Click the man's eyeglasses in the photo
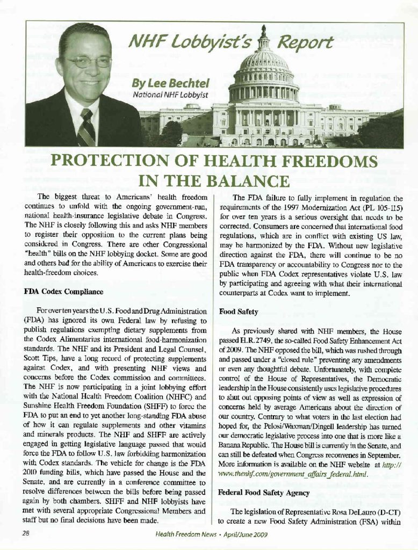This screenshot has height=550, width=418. pyautogui.click(x=85, y=62)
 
